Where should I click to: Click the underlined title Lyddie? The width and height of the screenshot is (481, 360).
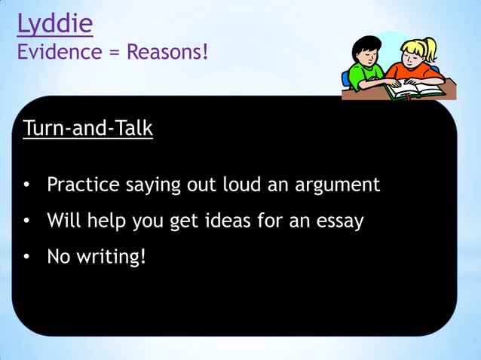coord(55,24)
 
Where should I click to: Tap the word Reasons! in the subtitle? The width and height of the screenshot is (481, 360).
coord(166,53)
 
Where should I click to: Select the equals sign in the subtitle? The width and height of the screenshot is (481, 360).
coord(115,53)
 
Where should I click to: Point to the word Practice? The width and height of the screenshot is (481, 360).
coord(81,185)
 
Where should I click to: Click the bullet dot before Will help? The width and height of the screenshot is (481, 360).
coord(26,222)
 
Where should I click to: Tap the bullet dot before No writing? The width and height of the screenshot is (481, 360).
coord(26,258)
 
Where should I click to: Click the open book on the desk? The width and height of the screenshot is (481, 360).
coord(410,91)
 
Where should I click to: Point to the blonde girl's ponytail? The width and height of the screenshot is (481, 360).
coord(431,47)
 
